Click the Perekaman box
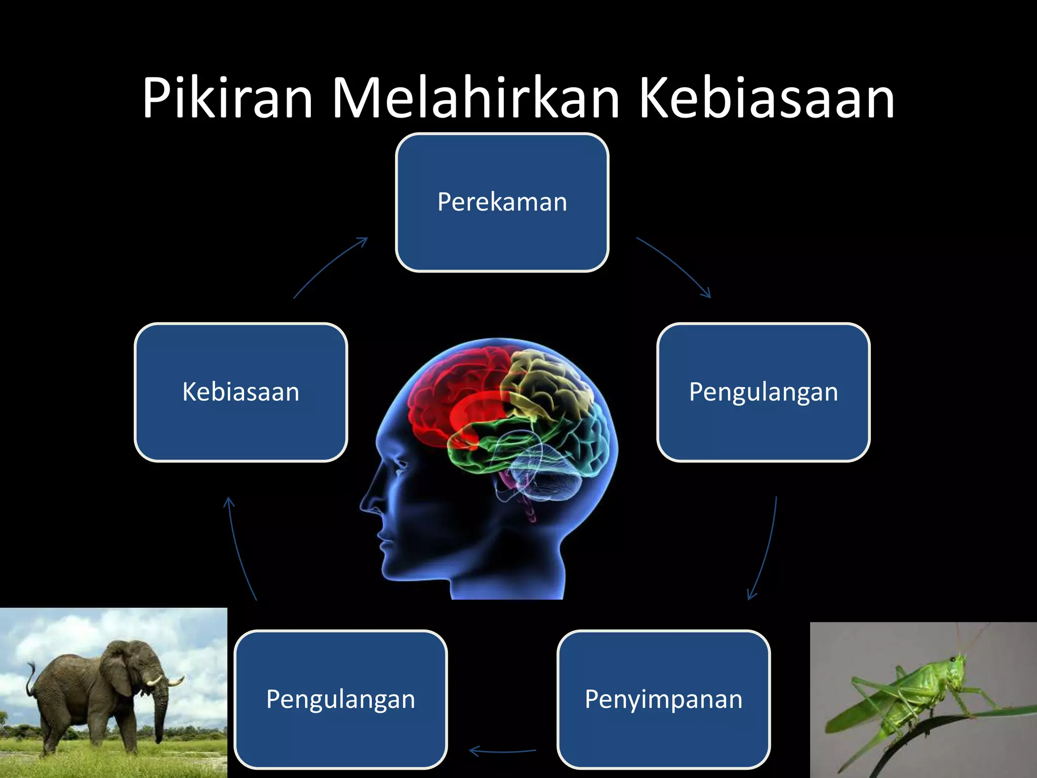click(x=502, y=203)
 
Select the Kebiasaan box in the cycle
click(x=241, y=393)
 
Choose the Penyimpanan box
click(x=663, y=699)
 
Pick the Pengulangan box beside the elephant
click(x=341, y=699)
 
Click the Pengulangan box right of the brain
click(x=763, y=393)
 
